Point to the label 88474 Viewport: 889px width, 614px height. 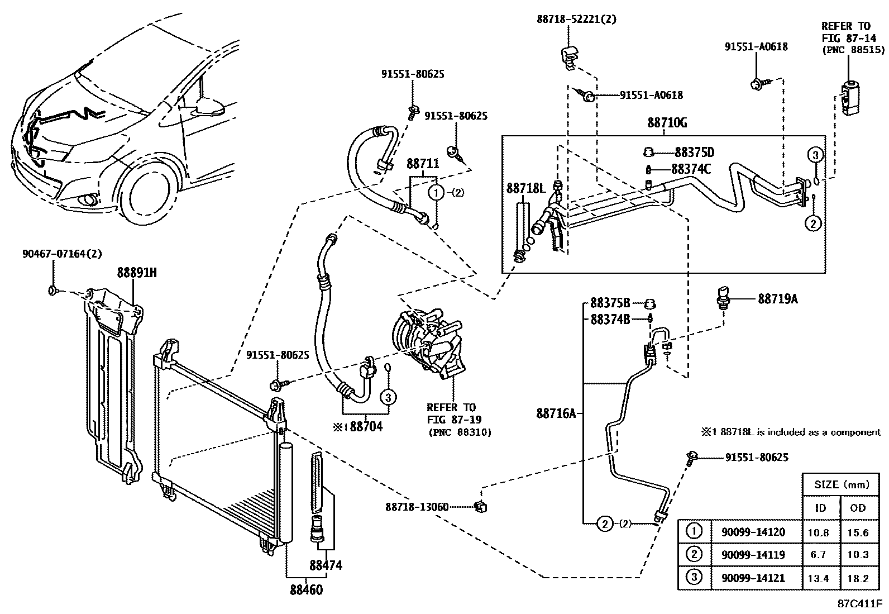click(326, 565)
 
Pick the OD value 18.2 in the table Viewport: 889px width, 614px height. click(857, 578)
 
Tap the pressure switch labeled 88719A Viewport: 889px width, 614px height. click(724, 296)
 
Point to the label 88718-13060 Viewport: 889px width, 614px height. click(417, 507)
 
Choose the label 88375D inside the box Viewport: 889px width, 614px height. click(694, 153)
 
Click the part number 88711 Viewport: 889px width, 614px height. click(422, 164)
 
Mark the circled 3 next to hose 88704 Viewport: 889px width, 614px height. click(389, 397)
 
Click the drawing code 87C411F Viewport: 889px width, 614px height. click(859, 604)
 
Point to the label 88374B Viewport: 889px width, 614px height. click(610, 319)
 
